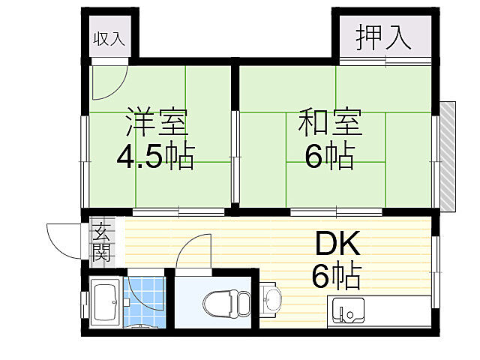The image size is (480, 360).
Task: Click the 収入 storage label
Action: point(109,39)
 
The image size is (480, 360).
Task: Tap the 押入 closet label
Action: point(384,38)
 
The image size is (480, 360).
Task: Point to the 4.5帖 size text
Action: point(155,155)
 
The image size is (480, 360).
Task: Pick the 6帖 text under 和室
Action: point(330,155)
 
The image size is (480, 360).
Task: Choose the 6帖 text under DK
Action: point(337,276)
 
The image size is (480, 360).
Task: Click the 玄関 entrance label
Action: point(101,241)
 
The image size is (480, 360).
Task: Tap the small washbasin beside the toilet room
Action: point(271,301)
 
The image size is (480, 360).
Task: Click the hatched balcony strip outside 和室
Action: point(448,154)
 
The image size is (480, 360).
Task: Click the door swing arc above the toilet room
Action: point(193,251)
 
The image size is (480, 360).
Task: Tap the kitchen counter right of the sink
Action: point(397,310)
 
